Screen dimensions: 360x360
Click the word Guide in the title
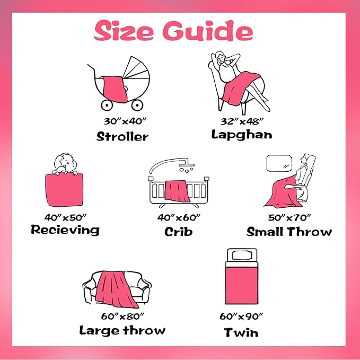pos(208,31)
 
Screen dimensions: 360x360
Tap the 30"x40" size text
pos(125,121)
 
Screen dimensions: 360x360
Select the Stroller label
pos(122,136)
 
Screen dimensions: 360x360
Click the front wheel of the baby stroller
pos(107,105)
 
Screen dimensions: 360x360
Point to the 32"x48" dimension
pos(242,121)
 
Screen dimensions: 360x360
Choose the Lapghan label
pos(242,135)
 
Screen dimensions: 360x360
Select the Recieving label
pos(65,230)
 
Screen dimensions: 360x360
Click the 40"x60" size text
pos(179,217)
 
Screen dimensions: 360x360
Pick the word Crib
pos(178,231)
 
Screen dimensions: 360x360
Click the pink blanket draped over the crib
pos(177,191)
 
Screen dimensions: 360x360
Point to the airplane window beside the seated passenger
pos(279,163)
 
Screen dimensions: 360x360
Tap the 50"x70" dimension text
pos(289,217)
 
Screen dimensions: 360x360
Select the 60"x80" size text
pos(122,316)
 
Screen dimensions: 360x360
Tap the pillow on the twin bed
pos(242,256)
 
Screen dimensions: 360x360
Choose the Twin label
pos(241,332)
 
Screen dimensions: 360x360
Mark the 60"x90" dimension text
pos(241,317)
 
